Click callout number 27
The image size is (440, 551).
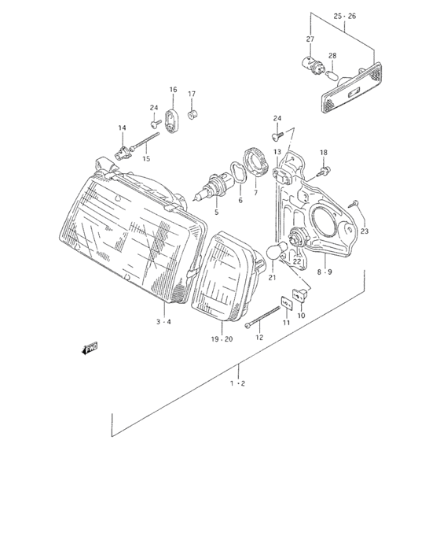click(310, 39)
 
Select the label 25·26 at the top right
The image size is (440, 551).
click(344, 16)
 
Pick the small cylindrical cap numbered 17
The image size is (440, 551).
click(192, 116)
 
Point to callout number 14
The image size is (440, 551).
click(122, 128)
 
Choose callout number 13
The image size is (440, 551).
click(277, 151)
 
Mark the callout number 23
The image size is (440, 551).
click(364, 231)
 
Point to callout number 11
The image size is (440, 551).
click(286, 324)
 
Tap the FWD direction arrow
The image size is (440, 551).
click(89, 347)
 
